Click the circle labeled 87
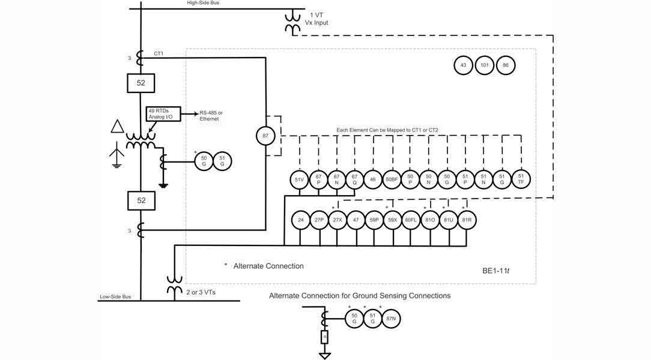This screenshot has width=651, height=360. click(265, 136)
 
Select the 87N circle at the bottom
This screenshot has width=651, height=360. click(391, 318)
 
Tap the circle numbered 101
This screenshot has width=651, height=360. click(484, 65)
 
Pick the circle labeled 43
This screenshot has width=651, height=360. click(463, 65)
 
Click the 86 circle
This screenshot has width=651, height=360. click(506, 65)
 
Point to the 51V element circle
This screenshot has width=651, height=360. click(299, 179)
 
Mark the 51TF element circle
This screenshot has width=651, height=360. click(521, 179)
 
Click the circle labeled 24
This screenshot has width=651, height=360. click(300, 220)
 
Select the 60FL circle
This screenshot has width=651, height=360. click(411, 220)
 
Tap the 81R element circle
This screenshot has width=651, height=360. click(466, 220)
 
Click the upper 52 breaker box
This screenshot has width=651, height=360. click(141, 83)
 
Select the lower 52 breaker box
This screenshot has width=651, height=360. click(141, 200)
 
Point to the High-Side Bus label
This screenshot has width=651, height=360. click(203, 3)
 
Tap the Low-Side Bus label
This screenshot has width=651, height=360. click(115, 297)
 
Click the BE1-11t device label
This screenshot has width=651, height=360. click(495, 271)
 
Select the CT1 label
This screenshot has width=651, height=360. click(159, 53)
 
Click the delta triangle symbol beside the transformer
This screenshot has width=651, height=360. click(117, 127)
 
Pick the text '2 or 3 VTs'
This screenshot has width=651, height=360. click(201, 292)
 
